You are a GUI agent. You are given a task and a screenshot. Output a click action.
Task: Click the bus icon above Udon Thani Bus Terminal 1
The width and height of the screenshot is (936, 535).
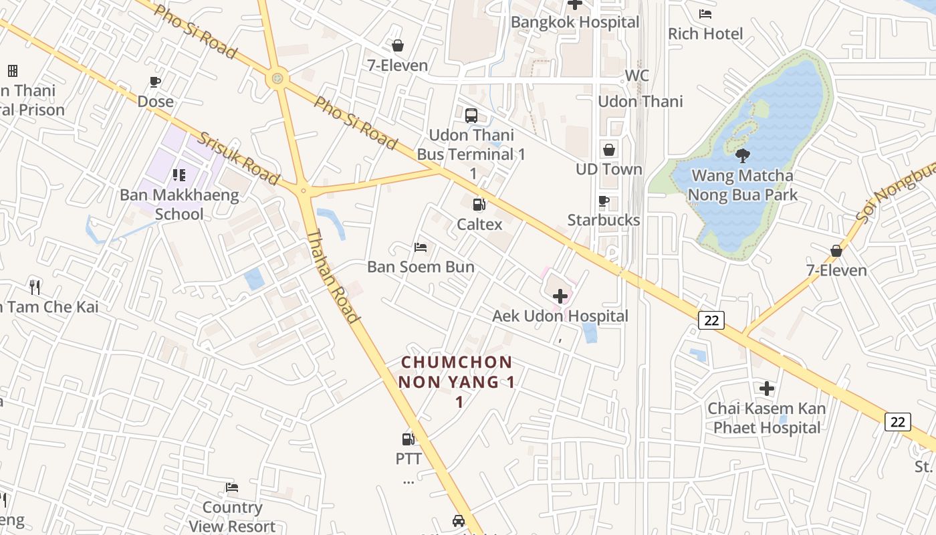471,115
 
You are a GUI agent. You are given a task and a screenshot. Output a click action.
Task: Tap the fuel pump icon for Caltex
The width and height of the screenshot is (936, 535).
479,205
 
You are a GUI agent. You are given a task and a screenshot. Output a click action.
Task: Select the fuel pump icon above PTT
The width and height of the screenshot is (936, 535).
408,439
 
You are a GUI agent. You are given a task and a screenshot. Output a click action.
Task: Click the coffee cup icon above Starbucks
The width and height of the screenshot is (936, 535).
604,201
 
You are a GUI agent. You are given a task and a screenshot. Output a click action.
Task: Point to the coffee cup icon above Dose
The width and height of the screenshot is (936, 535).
155,82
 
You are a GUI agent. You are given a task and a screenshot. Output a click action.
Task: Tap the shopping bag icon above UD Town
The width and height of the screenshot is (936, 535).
609,150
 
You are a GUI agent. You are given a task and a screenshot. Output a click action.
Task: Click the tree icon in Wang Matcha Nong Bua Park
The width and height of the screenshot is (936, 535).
742,156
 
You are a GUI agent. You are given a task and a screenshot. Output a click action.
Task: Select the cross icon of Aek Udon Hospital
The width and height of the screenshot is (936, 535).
560,296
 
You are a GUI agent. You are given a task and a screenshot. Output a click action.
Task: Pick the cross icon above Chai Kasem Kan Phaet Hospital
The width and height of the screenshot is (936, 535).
767,388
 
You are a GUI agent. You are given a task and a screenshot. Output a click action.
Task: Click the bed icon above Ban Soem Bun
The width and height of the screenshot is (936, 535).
421,247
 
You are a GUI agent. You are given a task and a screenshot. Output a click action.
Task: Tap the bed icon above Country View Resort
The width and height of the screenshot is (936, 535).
232,488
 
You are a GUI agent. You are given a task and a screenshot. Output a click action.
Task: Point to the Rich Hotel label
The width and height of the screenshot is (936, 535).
705,33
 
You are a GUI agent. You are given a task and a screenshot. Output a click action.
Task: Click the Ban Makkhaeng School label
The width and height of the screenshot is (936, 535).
179,205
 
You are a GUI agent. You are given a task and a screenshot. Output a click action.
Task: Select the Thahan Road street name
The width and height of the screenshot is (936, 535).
333,276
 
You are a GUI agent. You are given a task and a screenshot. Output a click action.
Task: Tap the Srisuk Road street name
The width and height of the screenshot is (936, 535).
238,158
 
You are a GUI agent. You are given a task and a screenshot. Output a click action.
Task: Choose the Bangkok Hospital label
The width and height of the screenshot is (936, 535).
575,22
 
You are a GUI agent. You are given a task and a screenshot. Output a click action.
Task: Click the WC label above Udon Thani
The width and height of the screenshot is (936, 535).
636,76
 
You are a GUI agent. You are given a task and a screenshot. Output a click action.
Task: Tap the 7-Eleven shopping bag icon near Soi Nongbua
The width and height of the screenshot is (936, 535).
836,251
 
